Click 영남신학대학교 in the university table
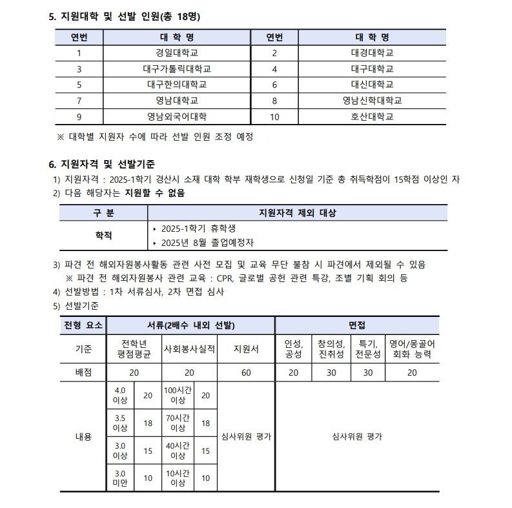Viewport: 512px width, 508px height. point(372,101)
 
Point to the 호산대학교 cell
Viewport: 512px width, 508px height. point(372,117)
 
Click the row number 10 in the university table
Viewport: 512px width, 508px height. point(274,117)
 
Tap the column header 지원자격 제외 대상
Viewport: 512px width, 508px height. point(297,213)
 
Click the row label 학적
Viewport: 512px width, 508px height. point(103,236)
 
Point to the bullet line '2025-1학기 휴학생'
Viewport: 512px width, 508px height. point(192,229)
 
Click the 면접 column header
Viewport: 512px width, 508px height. point(357,325)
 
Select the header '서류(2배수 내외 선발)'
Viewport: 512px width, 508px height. point(190,325)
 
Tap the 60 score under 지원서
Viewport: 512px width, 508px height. point(246,372)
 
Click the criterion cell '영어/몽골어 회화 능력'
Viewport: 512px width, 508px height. point(413,349)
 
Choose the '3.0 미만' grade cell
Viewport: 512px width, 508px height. point(120,478)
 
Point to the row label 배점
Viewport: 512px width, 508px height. point(83,372)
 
